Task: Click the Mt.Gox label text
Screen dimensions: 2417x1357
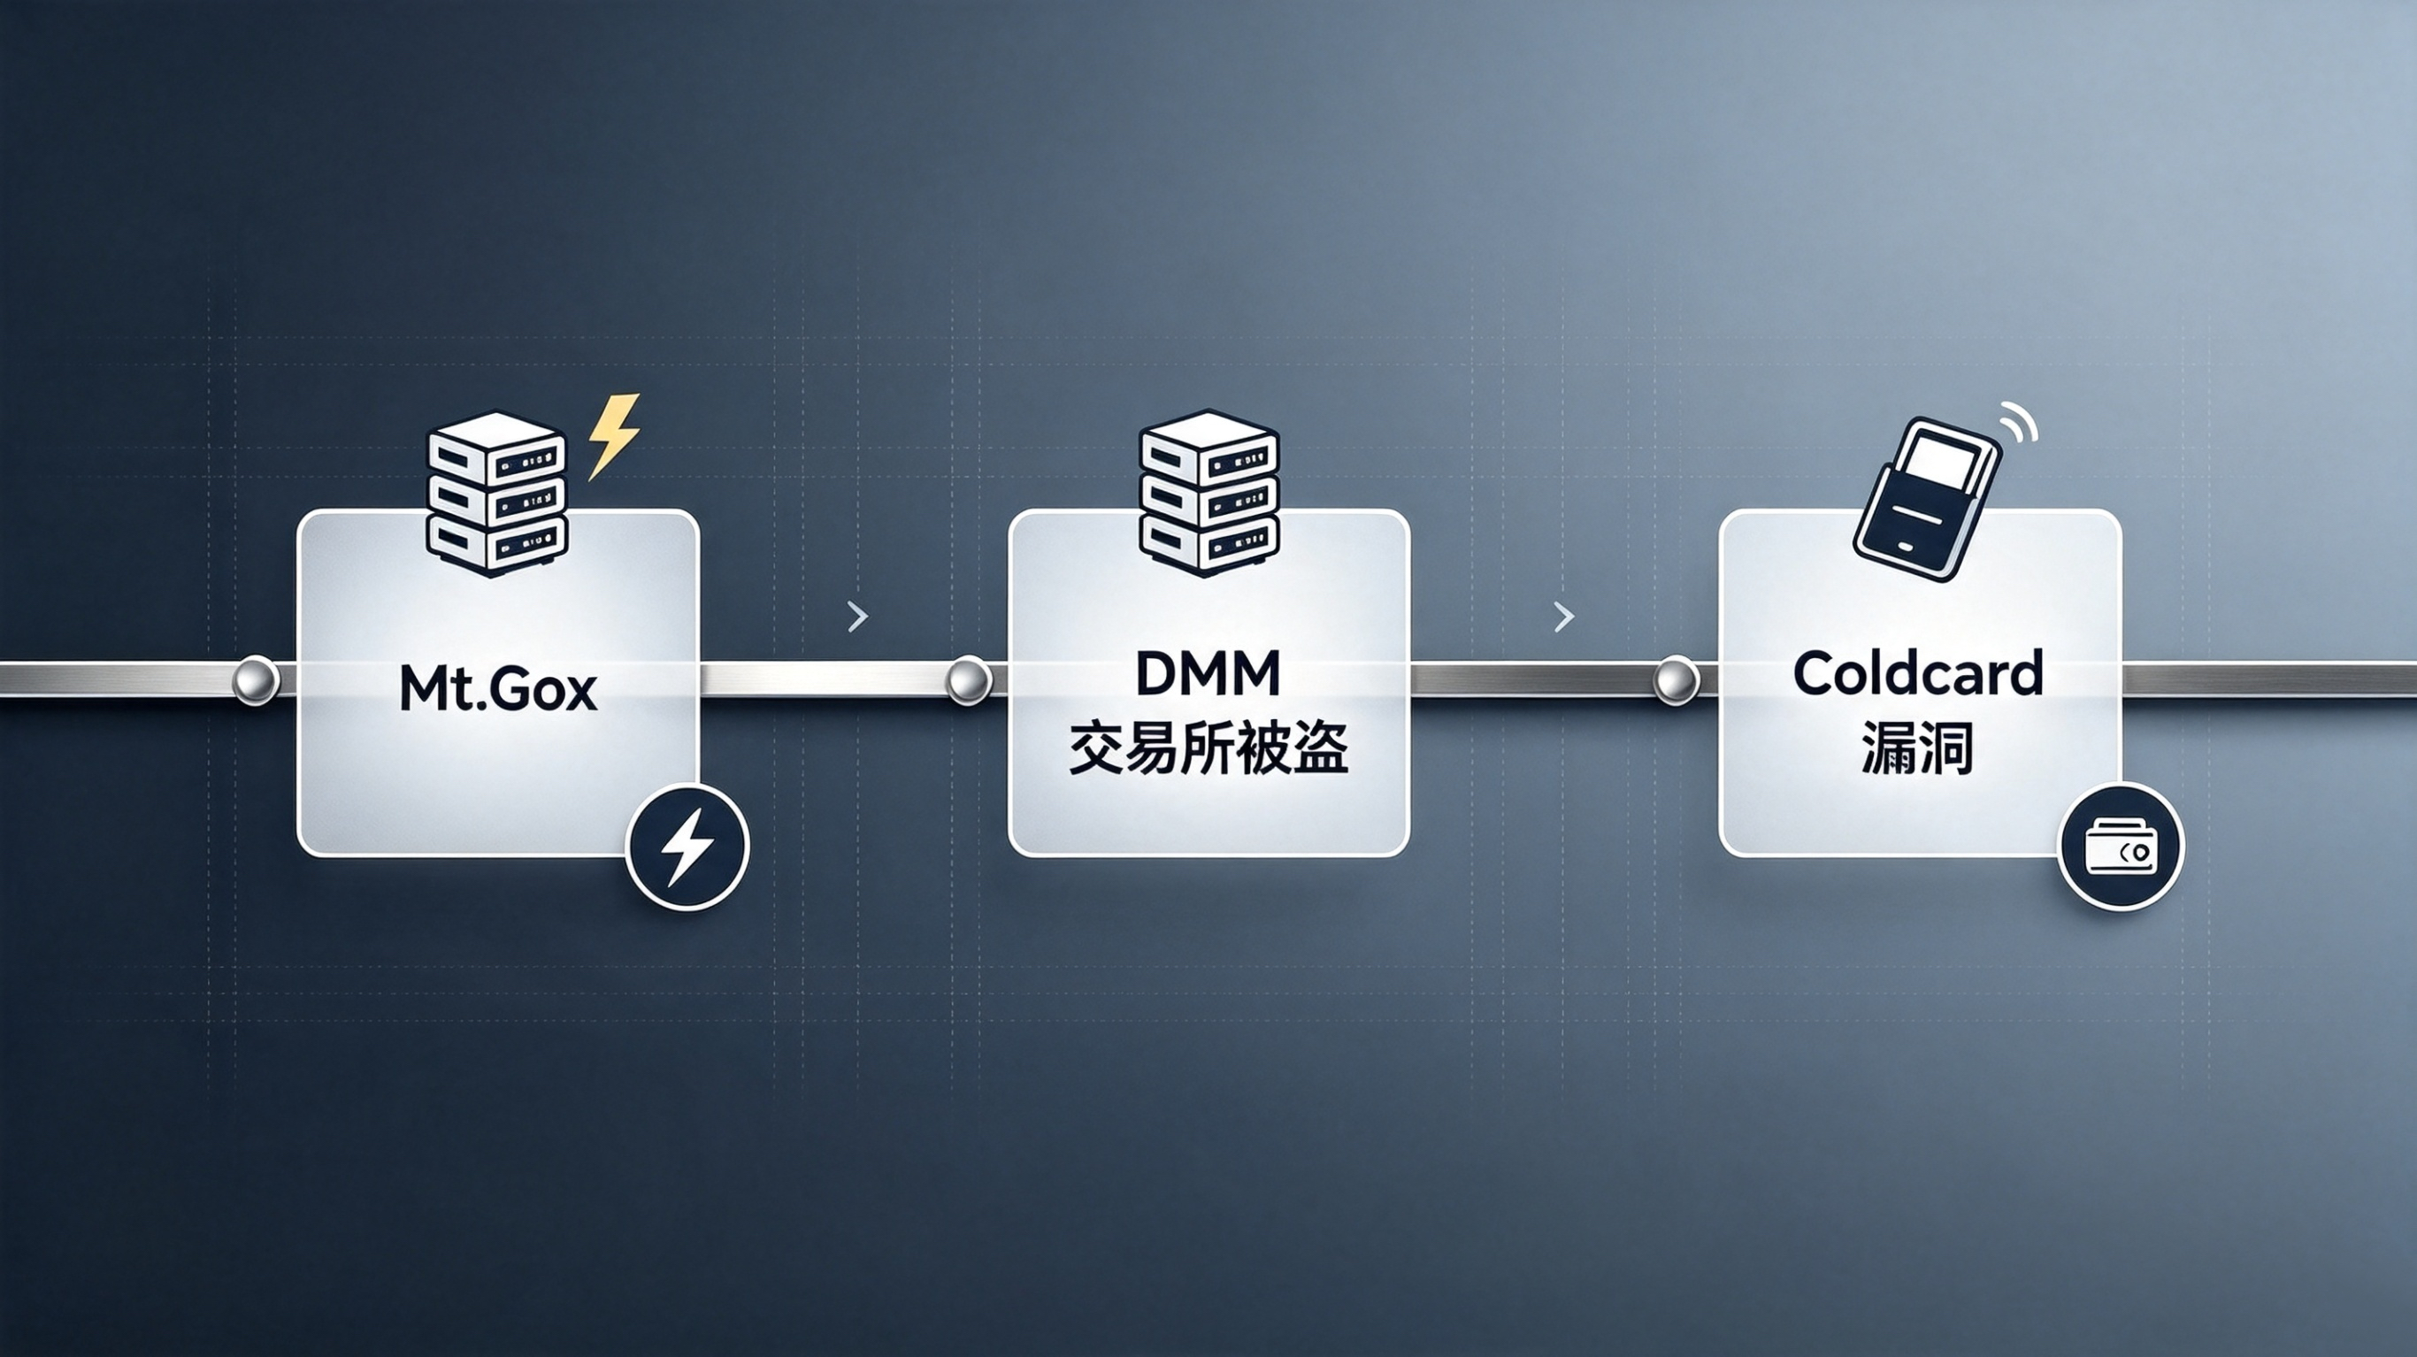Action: (498, 688)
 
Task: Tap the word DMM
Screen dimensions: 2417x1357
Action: (1208, 674)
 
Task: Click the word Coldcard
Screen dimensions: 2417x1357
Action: (1918, 674)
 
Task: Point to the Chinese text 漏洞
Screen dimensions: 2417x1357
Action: (1917, 748)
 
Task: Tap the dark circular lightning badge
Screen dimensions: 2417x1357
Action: (687, 847)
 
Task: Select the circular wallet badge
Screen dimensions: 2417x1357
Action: (2121, 847)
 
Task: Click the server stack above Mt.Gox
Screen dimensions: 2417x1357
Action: (496, 494)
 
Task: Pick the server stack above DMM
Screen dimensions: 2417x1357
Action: (1208, 494)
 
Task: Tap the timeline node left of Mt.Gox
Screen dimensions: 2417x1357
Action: (254, 679)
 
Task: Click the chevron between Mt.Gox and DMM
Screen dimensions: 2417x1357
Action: (857, 617)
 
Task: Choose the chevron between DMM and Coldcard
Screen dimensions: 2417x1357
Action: (1564, 617)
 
